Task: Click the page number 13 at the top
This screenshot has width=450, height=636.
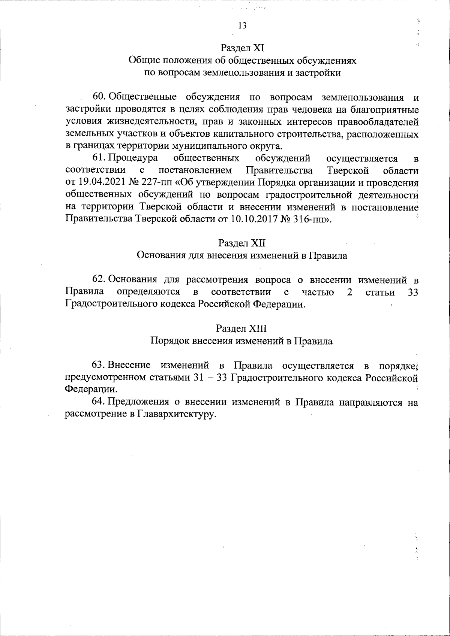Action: click(242, 25)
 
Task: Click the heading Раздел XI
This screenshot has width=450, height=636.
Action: click(242, 48)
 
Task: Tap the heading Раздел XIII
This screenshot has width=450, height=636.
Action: click(241, 329)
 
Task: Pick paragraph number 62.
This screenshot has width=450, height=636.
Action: click(99, 280)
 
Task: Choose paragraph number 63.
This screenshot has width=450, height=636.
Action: click(99, 365)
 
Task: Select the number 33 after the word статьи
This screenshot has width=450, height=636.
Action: click(412, 292)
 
